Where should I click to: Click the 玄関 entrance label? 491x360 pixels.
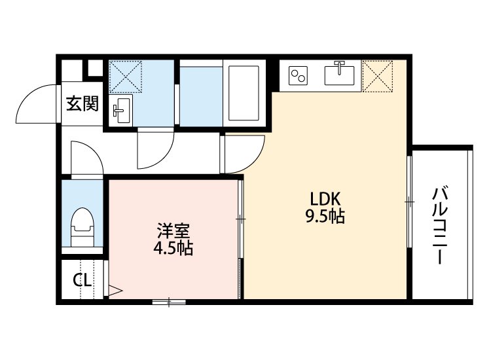(x=82, y=103)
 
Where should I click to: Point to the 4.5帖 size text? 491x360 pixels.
(x=172, y=249)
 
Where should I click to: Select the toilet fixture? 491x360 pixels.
(x=82, y=223)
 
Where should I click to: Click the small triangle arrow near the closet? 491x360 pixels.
(x=115, y=289)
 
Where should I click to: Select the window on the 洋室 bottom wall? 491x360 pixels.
(x=170, y=302)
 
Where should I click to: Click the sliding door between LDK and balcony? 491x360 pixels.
(x=409, y=202)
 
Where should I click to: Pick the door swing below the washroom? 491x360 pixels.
(x=155, y=147)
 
